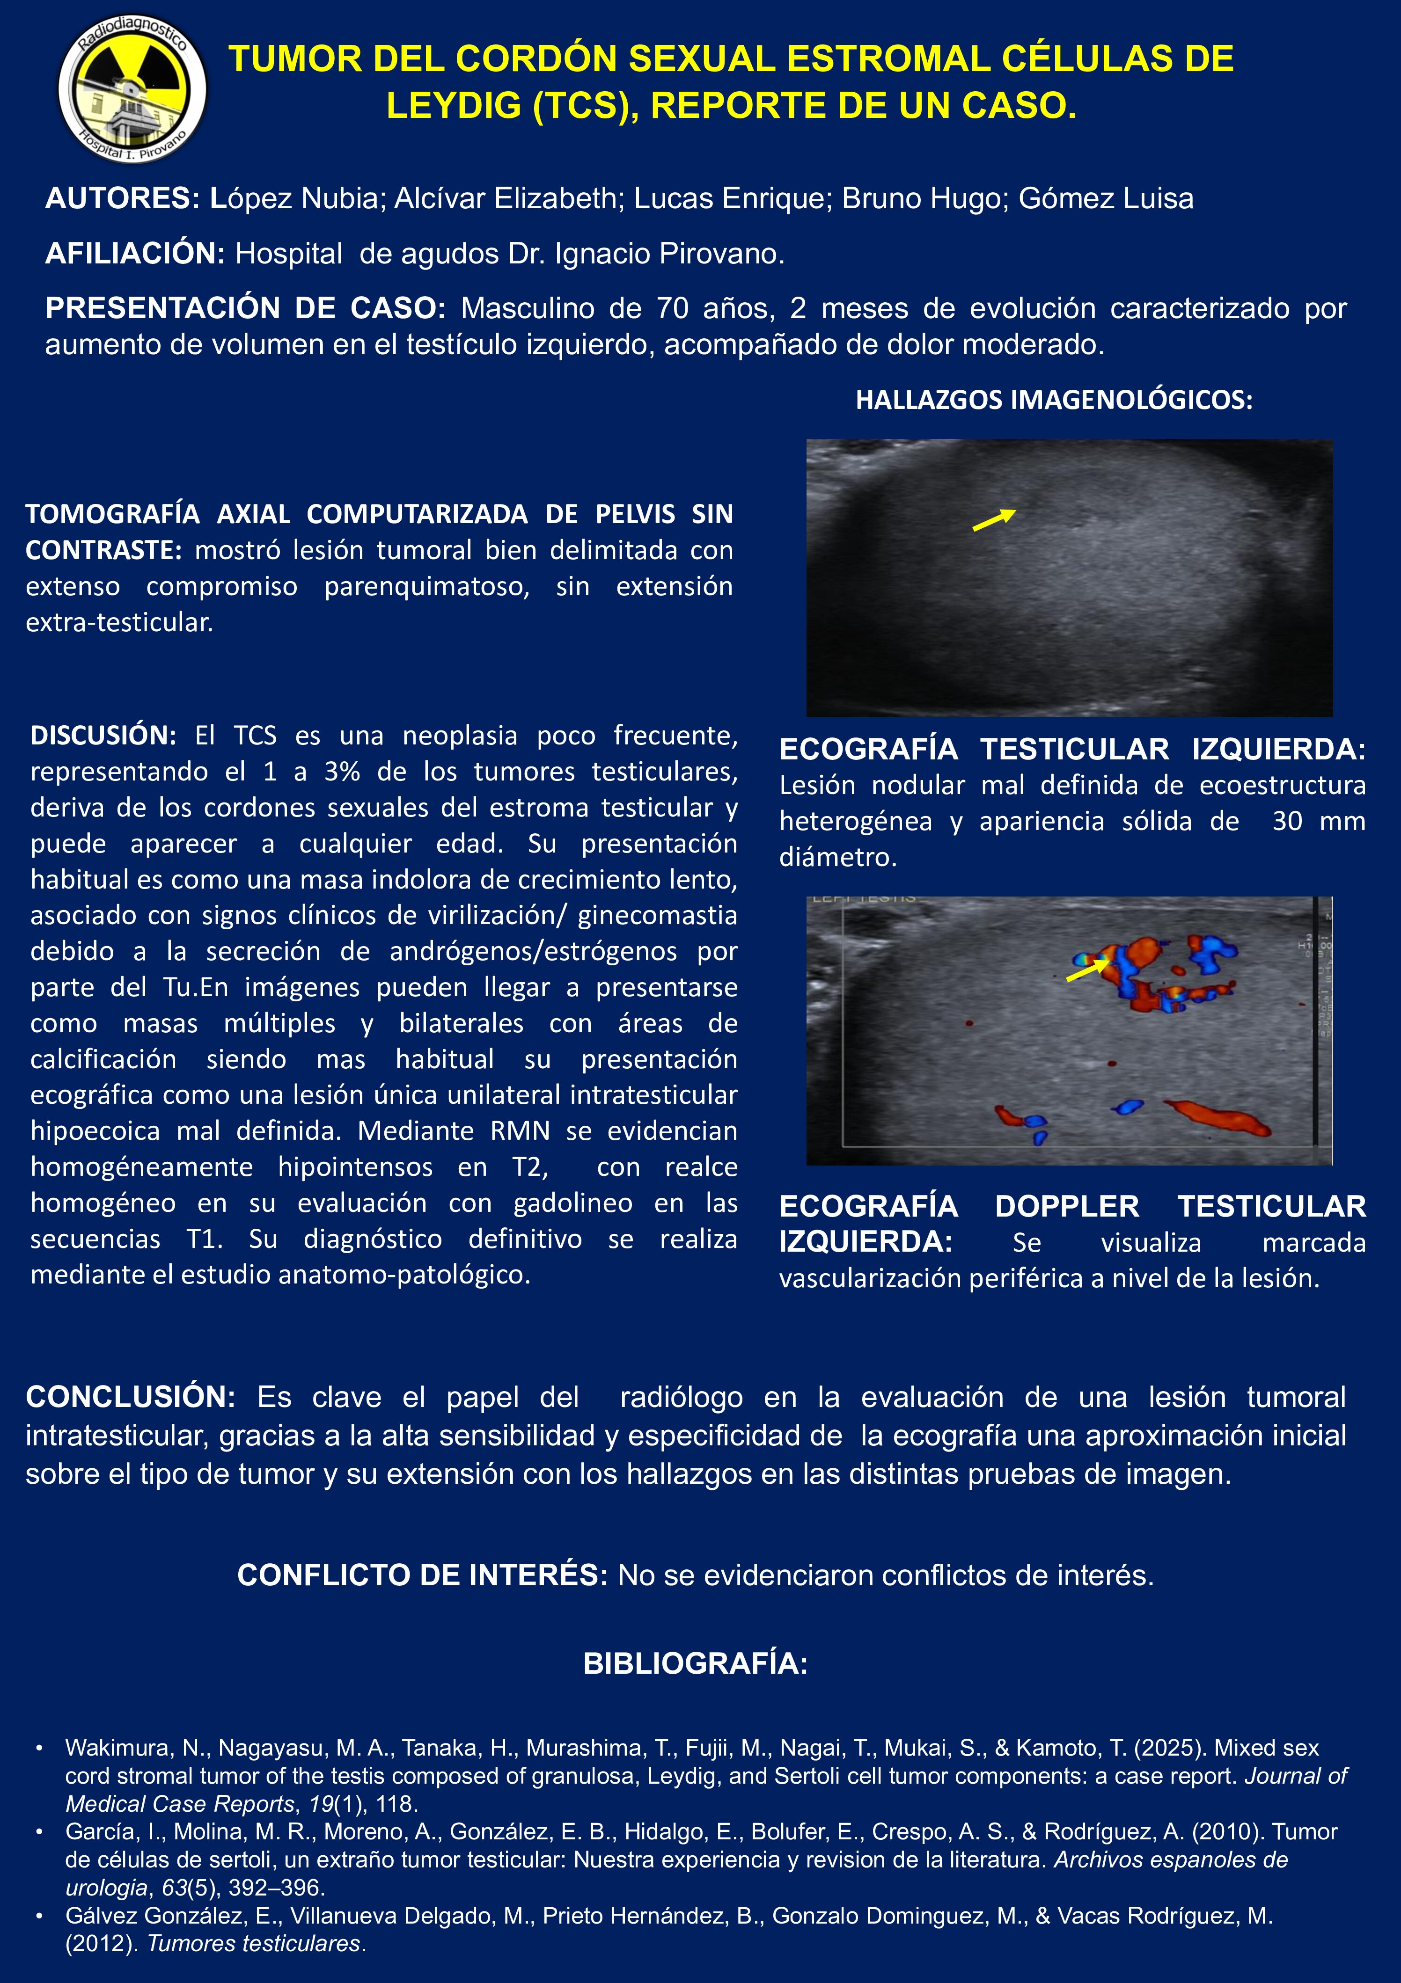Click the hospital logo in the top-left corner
click(132, 89)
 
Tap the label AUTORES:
click(123, 199)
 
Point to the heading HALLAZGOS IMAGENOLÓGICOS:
click(1054, 400)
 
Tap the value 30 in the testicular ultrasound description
click(1286, 821)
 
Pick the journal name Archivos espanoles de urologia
click(1170, 1859)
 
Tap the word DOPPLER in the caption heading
click(1067, 1207)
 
